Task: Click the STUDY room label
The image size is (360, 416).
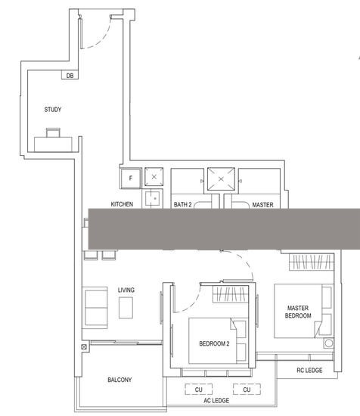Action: (52, 110)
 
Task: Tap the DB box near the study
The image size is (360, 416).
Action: (70, 75)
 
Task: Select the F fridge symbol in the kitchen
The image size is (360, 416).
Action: (130, 179)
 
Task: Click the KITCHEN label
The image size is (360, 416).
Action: (122, 204)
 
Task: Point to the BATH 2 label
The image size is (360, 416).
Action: (182, 204)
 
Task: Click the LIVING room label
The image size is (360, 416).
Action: (126, 290)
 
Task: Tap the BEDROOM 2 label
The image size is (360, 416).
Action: (214, 343)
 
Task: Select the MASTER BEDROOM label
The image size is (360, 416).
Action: (298, 312)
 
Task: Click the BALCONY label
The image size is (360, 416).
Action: (119, 380)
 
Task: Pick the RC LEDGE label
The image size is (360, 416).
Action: (309, 370)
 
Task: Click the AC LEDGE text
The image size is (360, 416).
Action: (216, 400)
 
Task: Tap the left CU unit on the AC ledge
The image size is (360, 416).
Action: (198, 390)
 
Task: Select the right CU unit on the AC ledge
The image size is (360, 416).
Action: (247, 390)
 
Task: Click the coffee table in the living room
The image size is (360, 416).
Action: (126, 308)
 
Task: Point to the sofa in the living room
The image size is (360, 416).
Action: (95, 308)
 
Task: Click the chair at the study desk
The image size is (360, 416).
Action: (53, 132)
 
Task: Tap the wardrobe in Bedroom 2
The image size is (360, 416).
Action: (230, 294)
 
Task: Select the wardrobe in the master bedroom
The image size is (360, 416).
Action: (311, 262)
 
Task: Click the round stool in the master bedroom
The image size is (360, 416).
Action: (329, 343)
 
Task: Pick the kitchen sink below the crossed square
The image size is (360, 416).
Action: (152, 198)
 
